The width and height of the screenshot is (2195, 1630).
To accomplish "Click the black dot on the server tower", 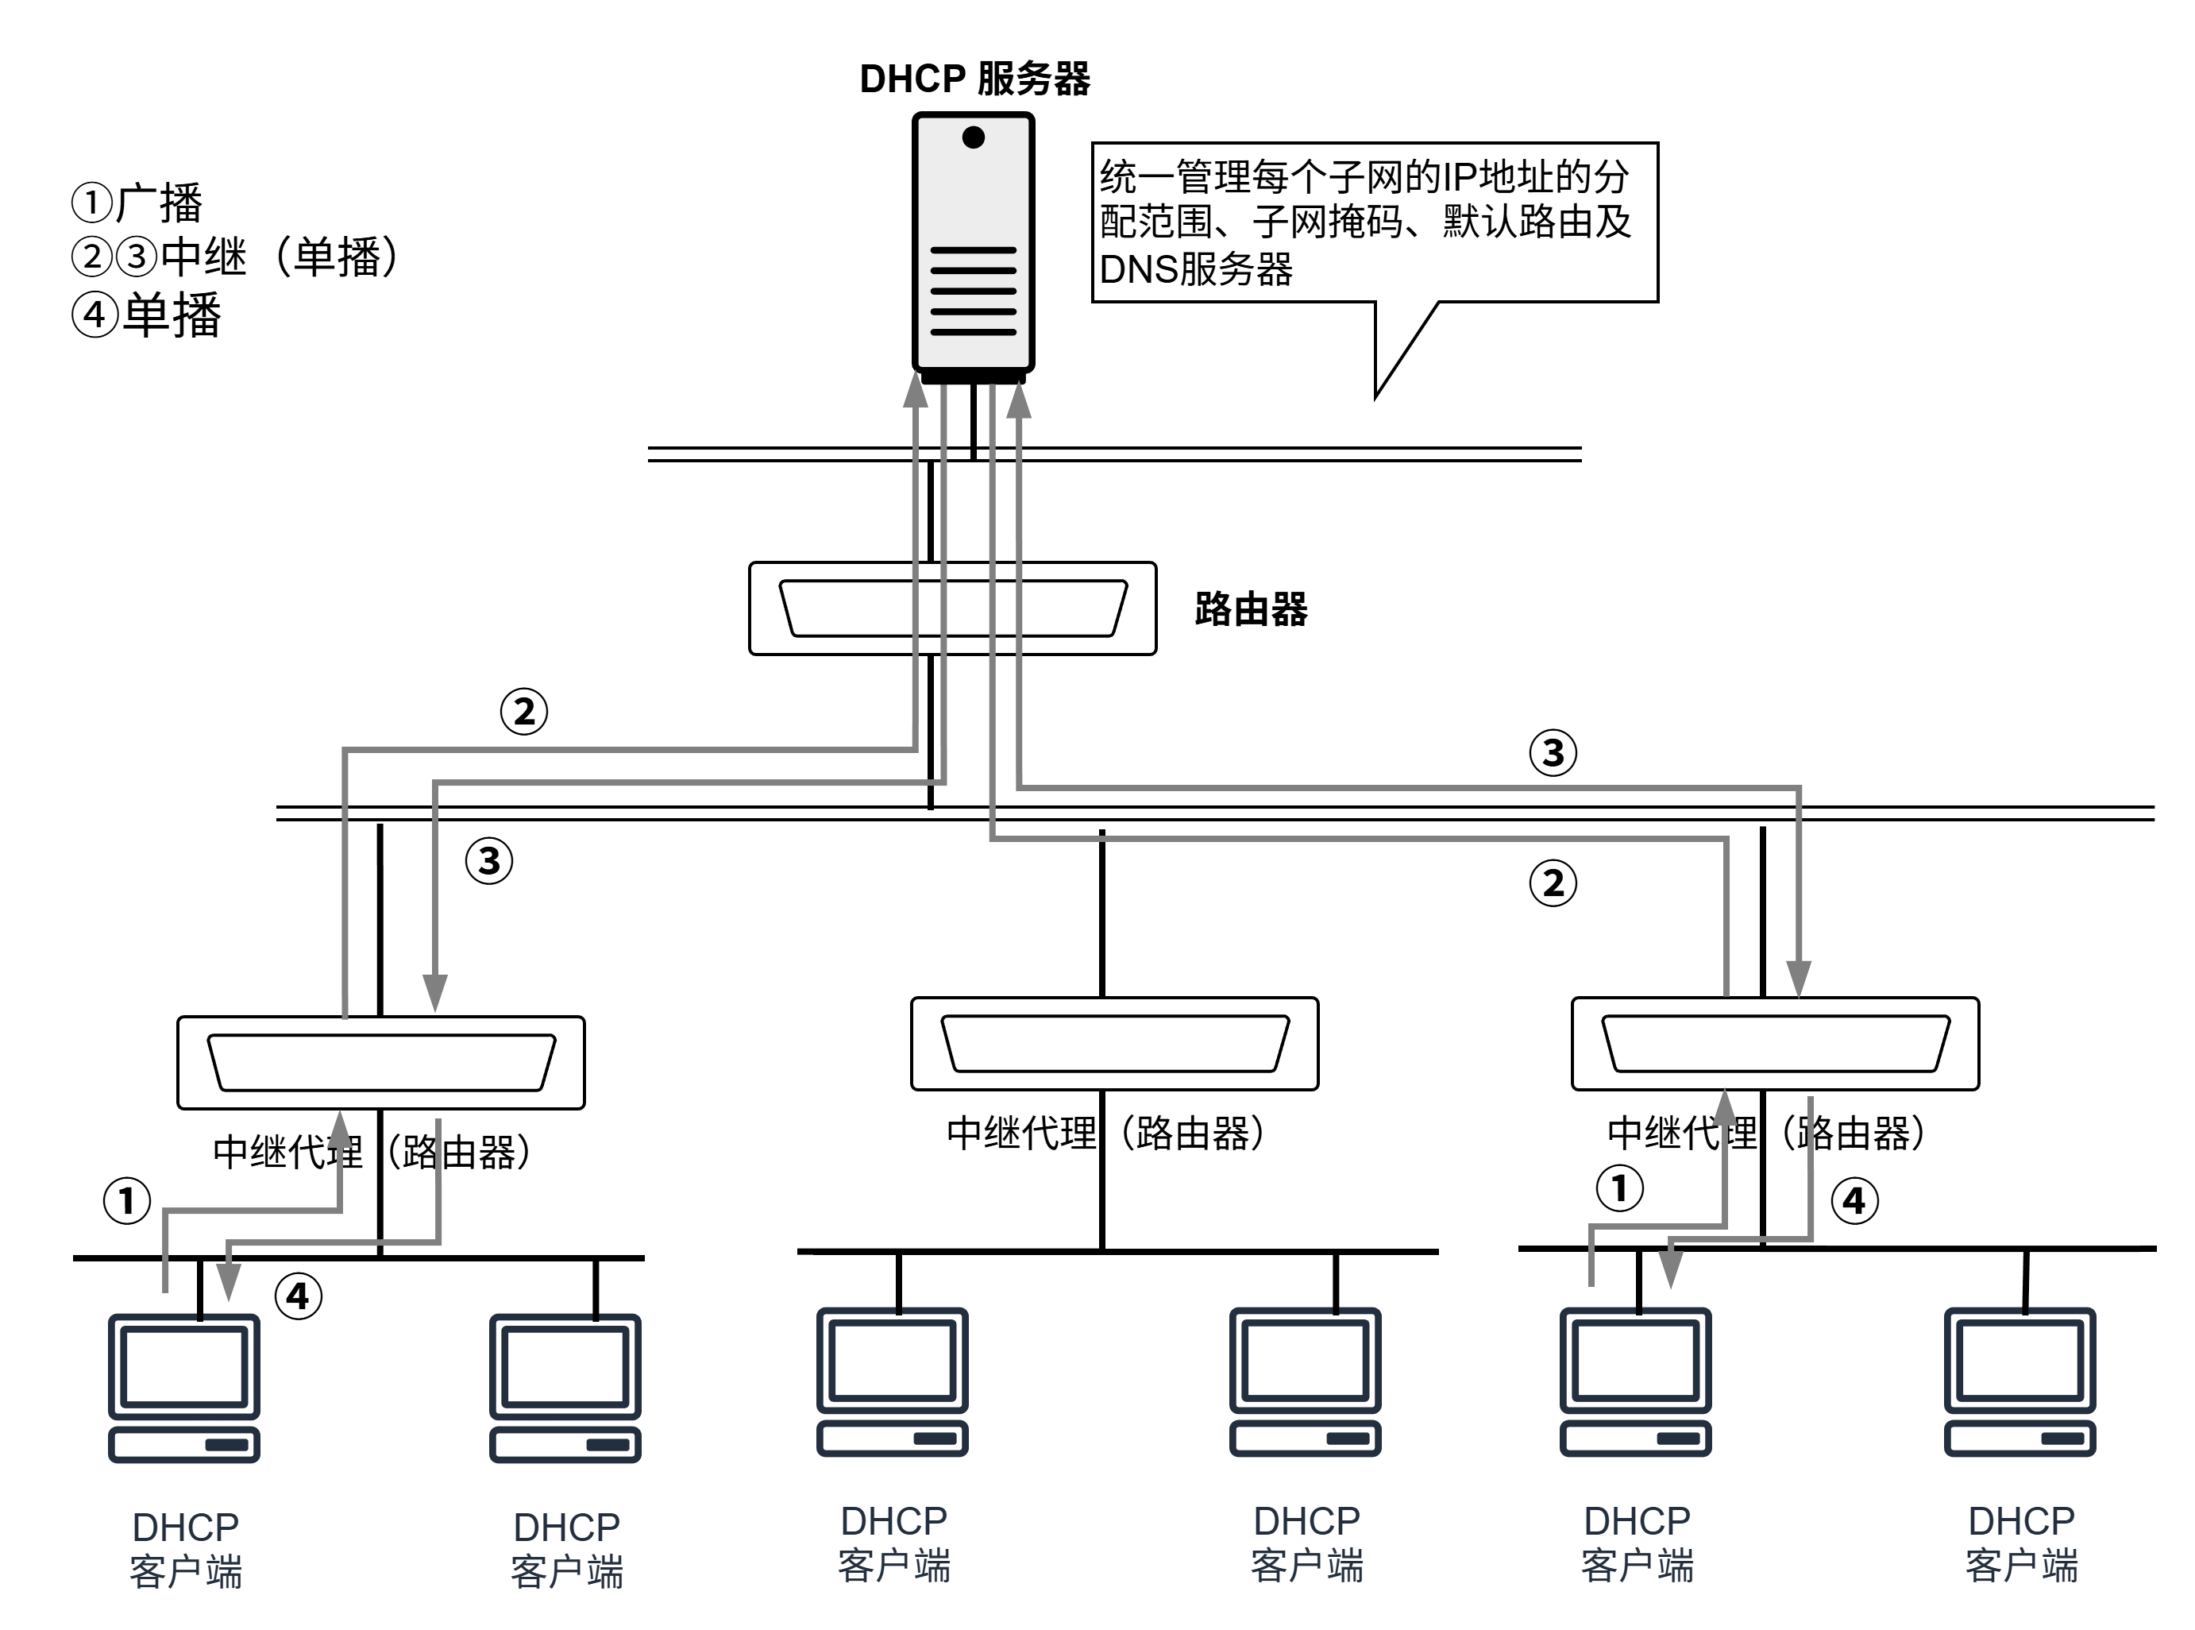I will coord(973,137).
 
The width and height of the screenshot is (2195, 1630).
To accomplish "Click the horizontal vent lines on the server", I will coord(973,291).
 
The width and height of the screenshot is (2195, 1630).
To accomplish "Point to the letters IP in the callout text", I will coord(1461,178).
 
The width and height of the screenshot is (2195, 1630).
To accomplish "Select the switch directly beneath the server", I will coord(952,608).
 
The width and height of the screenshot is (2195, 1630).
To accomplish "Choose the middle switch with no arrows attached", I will coord(1115,1044).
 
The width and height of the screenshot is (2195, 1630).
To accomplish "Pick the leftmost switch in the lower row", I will coord(381,1063).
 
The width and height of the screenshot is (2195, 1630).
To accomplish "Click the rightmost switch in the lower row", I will coord(1775,1044).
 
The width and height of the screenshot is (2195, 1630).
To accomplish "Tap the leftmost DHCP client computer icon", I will coord(184,1389).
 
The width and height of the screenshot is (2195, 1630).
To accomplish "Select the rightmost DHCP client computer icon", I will coord(2019,1381).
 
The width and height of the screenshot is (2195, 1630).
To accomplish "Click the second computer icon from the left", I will coord(565,1389).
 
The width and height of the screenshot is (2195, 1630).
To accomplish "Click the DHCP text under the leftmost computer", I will coord(186,1528).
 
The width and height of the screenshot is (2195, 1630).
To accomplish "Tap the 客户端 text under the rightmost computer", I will coord(2021,1566).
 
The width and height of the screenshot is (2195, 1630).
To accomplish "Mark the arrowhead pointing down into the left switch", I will coord(435,993).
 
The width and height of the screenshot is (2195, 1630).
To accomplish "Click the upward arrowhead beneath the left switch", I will coord(339,1130).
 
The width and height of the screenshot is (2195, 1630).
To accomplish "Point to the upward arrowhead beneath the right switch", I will coord(1723,1109).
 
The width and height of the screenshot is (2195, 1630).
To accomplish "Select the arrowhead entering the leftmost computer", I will coord(229,1282).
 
